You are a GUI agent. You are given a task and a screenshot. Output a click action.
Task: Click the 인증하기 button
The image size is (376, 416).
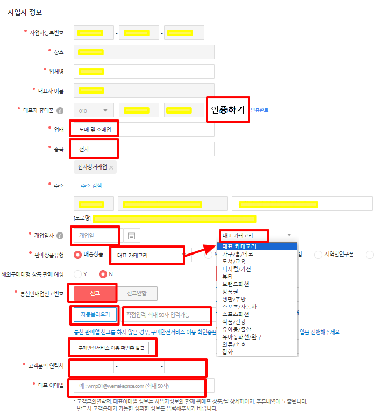click(228, 110)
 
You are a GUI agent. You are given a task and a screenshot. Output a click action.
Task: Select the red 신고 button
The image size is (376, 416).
click(94, 293)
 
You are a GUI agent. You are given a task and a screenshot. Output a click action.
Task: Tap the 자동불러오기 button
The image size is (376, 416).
click(95, 314)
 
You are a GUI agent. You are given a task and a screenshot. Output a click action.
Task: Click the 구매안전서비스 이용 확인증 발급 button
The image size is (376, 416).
click(112, 348)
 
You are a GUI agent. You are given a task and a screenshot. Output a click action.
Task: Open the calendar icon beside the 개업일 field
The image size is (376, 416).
click(131, 235)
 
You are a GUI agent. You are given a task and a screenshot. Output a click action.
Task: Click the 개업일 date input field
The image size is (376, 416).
click(95, 235)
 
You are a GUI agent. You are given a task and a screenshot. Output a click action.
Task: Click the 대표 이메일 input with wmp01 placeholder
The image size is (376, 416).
click(140, 386)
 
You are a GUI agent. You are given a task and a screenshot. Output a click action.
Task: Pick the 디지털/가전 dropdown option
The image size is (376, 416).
click(236, 269)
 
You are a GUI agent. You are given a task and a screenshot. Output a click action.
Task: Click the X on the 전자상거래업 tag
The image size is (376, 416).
click(111, 167)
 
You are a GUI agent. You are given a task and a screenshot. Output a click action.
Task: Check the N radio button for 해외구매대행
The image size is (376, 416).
click(103, 274)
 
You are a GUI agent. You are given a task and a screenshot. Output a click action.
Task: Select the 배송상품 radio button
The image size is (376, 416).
click(77, 255)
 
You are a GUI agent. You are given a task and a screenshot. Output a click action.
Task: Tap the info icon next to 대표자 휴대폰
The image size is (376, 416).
click(60, 110)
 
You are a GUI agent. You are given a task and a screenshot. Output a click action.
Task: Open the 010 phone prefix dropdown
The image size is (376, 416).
click(94, 111)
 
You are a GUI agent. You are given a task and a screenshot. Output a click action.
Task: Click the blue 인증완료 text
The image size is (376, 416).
click(259, 110)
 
